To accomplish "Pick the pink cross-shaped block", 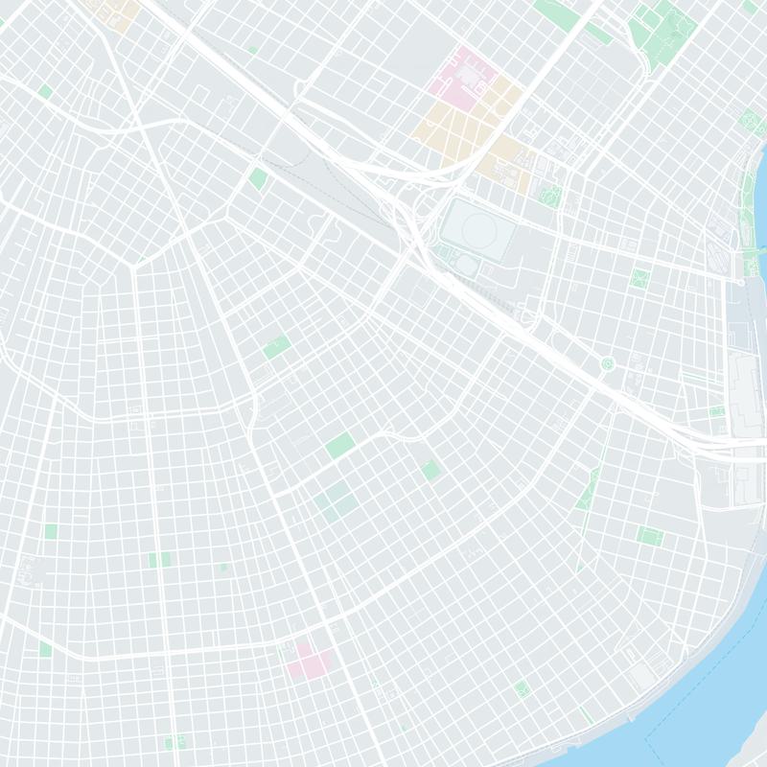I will pyautogui.click(x=309, y=662).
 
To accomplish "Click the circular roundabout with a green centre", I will pyautogui.click(x=606, y=362).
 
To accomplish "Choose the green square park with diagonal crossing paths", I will pyautogui.click(x=639, y=279).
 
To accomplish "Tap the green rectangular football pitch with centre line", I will pyautogui.click(x=649, y=534).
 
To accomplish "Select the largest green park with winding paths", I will pyautogui.click(x=662, y=26).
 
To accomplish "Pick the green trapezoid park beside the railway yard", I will pyautogui.click(x=258, y=178).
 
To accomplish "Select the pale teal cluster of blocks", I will pyautogui.click(x=336, y=500).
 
